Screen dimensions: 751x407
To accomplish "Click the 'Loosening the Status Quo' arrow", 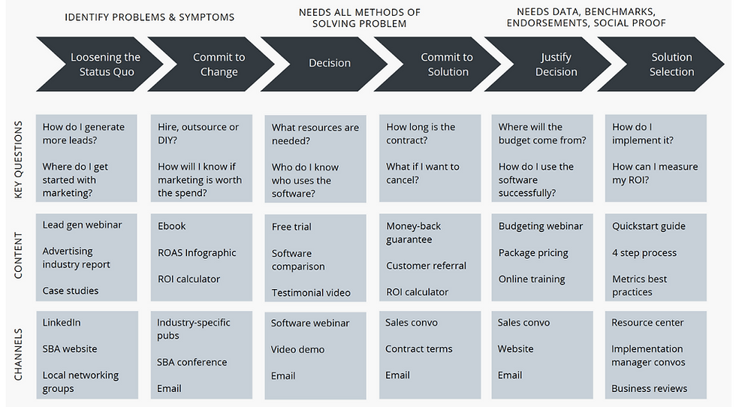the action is (x=100, y=64).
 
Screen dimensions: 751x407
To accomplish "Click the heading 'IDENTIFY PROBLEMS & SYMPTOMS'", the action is (x=149, y=18).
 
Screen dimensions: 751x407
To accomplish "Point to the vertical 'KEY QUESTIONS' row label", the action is (x=18, y=159).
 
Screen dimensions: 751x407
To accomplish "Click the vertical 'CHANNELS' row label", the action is (x=18, y=354).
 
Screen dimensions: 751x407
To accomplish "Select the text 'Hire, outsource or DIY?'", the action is (x=198, y=134).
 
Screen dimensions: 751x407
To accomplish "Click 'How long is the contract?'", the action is (x=421, y=134).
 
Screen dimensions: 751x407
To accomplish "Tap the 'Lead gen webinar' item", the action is (x=82, y=225).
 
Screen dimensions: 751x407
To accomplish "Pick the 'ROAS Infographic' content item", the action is (x=197, y=253).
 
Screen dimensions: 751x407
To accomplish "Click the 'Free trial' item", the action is (x=291, y=227).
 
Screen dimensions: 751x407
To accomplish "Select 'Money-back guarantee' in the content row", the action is (x=413, y=233).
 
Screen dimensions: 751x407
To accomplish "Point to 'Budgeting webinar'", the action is (x=540, y=227).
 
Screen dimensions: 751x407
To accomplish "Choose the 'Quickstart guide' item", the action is (x=649, y=226).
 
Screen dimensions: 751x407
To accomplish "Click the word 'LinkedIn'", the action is (x=62, y=323).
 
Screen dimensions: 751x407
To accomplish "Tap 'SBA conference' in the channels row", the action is (x=192, y=363).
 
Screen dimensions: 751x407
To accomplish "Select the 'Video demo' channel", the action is (x=297, y=349).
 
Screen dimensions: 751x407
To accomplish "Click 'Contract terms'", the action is (x=418, y=349).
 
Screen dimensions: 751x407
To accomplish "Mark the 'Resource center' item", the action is (x=647, y=323).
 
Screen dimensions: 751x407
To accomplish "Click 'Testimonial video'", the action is (x=311, y=293).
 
